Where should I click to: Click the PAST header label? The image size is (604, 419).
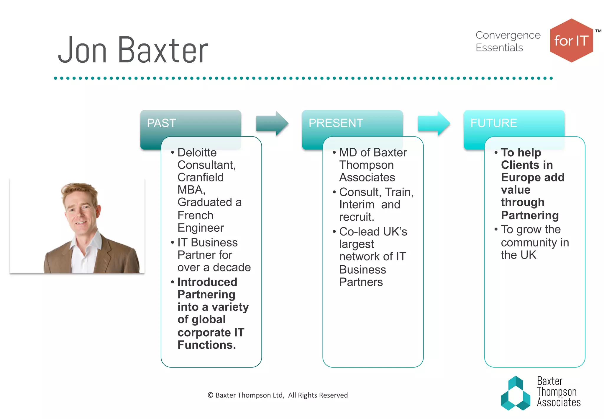[x=161, y=123]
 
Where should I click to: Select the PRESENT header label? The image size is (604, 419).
[x=336, y=123]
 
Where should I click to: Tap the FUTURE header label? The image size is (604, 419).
[x=493, y=123]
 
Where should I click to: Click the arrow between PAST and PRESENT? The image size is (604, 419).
[x=272, y=123]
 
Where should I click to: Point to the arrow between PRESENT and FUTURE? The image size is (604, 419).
[x=434, y=123]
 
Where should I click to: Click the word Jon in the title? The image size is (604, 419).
[x=82, y=51]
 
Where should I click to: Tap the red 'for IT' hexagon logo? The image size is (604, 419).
[x=571, y=41]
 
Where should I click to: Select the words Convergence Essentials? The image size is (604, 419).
[x=508, y=41]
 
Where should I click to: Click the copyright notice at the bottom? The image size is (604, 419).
[x=278, y=395]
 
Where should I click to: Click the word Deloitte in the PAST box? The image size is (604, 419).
[x=197, y=152]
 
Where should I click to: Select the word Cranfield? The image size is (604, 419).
[x=201, y=177]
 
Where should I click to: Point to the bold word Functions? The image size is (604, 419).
[x=206, y=345]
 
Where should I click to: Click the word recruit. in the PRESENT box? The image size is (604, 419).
[x=357, y=217]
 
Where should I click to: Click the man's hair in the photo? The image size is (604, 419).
[x=78, y=191]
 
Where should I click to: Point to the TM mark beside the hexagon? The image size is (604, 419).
[x=598, y=31]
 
